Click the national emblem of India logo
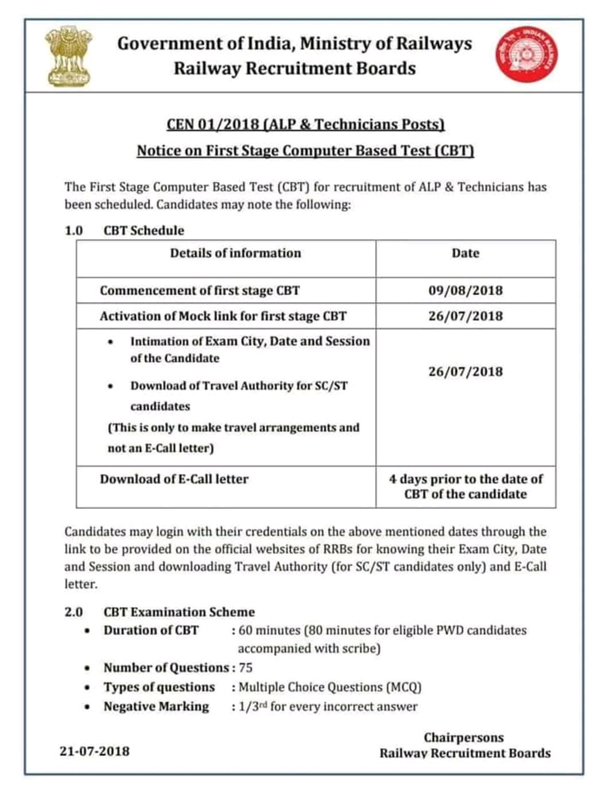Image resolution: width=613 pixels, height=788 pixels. pos(69,56)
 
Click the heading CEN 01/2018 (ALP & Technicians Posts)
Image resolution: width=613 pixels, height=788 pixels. pos(305,125)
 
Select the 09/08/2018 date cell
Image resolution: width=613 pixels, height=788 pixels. pos(465,291)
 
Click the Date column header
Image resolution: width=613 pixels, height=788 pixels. pos(465,253)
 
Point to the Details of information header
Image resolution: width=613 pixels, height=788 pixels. pos(235,253)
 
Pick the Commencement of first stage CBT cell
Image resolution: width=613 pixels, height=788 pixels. pos(200,291)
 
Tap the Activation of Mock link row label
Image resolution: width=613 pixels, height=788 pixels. pos(223,316)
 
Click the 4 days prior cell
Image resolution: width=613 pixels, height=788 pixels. pos(465,486)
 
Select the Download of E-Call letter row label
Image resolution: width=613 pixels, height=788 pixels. pos(174,479)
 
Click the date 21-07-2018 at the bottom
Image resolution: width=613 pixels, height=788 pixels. pos(95,751)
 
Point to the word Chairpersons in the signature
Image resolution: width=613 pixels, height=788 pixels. pos(464,737)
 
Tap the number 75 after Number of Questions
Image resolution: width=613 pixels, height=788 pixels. pos(246,667)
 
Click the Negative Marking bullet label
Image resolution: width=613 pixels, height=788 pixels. pos(156,706)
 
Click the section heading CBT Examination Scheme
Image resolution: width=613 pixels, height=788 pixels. pos(179,612)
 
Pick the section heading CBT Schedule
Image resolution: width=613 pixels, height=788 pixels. pos(144,231)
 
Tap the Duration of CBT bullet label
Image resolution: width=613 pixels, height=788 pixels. pos(151,630)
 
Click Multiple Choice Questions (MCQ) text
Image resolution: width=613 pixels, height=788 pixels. pos(330,687)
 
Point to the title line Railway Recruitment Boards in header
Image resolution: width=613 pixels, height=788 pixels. pos(294,68)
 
